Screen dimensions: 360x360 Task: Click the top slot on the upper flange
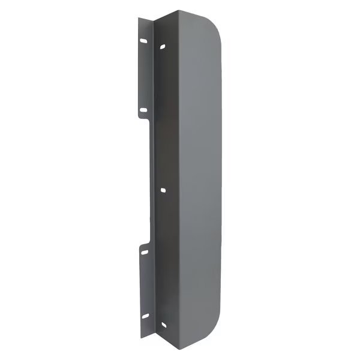coord(143,41)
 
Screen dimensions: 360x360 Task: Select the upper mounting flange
coord(144,72)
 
